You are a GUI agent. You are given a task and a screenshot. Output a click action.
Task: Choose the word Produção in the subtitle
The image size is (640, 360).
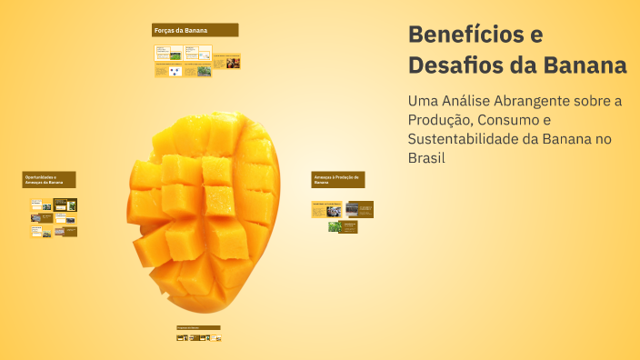444,120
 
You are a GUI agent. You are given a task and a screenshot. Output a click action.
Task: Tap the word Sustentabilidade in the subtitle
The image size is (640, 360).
466,139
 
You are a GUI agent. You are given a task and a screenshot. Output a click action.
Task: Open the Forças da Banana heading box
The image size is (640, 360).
195,30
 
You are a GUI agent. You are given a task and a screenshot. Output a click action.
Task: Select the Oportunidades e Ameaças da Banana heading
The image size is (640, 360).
49,179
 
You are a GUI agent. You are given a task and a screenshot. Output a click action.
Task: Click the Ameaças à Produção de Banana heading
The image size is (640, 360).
337,179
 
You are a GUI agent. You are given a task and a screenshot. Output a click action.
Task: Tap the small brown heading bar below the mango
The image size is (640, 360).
198,327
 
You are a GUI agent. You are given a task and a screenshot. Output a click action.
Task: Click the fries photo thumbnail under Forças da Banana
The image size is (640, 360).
234,63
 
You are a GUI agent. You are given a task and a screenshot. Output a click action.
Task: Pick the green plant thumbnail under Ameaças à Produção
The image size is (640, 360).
335,226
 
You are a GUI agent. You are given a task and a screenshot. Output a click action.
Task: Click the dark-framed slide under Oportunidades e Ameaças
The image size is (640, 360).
65,205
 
